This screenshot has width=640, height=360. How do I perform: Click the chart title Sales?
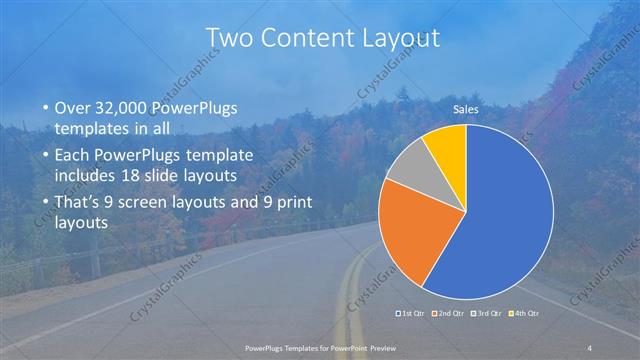click(466, 107)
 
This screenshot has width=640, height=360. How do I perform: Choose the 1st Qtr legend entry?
click(411, 313)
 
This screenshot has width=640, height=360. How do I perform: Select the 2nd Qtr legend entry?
click(450, 313)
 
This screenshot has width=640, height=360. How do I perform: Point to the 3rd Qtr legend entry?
click(488, 313)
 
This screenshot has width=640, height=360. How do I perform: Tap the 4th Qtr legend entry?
click(526, 313)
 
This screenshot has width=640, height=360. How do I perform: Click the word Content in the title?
click(319, 38)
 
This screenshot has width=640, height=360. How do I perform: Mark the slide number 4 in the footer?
click(591, 346)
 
